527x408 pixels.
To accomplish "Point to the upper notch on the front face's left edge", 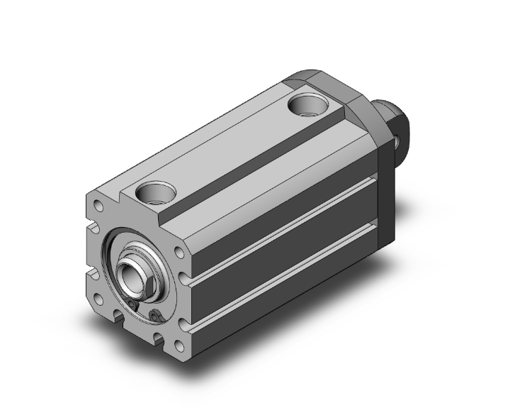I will tap(92, 228).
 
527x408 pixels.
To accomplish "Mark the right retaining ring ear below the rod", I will tap(155, 315).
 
